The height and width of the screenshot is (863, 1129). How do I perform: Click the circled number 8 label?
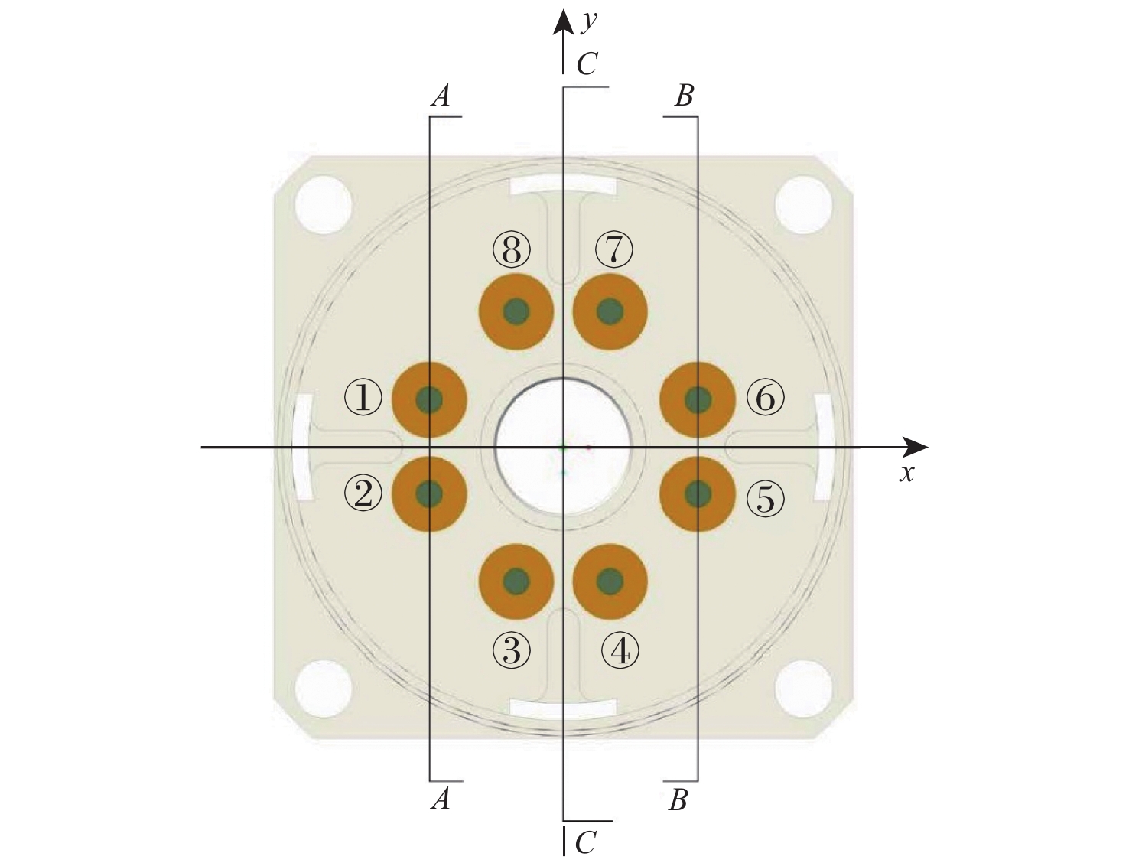(511, 250)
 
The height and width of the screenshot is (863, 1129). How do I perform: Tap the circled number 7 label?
(613, 250)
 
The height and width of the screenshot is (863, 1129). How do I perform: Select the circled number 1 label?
(363, 399)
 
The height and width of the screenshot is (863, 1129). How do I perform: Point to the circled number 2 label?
(363, 493)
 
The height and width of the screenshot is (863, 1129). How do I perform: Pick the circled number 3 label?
(511, 650)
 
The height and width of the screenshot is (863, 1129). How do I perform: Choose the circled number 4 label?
(620, 652)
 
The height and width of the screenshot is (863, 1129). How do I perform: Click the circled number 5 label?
(766, 497)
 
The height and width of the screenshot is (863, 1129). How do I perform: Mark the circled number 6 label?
(766, 399)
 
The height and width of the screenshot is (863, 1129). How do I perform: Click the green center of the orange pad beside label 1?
(429, 399)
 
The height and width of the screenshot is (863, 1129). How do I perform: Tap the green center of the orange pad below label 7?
(610, 311)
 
